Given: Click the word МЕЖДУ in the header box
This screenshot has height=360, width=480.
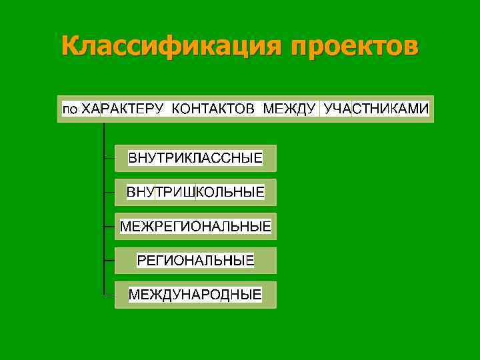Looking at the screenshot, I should pyautogui.click(x=289, y=109).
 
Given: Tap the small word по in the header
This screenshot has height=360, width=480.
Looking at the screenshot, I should pyautogui.click(x=70, y=109).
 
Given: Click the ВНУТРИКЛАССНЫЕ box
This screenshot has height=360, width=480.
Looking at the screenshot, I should pyautogui.click(x=195, y=159).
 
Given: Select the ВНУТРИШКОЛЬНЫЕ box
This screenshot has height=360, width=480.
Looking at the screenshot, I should pyautogui.click(x=195, y=193).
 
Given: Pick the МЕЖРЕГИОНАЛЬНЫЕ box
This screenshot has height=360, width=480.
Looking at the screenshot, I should pyautogui.click(x=195, y=227).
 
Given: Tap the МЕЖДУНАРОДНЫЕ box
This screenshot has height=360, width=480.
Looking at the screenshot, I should pyautogui.click(x=195, y=294).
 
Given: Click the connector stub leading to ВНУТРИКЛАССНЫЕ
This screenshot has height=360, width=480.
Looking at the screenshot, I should pyautogui.click(x=109, y=159).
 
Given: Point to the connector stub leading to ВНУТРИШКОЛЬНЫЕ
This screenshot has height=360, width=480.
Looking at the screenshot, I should pyautogui.click(x=109, y=193).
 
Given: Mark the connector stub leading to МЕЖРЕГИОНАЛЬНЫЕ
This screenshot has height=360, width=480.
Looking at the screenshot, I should pyautogui.click(x=109, y=227).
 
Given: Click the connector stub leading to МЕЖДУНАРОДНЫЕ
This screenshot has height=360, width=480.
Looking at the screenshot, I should pyautogui.click(x=109, y=294).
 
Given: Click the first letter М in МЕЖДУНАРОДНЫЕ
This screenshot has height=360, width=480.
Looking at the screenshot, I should pyautogui.click(x=134, y=294).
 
